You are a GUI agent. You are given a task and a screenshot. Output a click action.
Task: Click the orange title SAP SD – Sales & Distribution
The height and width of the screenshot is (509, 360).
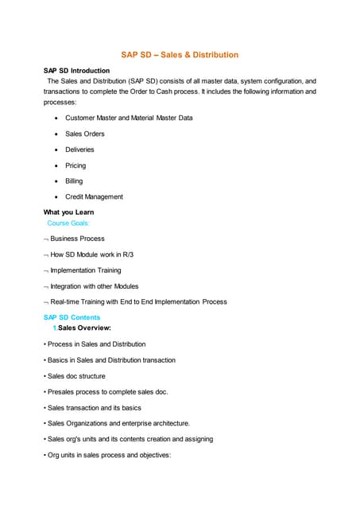click(x=180, y=55)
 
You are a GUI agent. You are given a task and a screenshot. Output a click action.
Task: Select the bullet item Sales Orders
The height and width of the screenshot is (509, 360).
click(x=84, y=134)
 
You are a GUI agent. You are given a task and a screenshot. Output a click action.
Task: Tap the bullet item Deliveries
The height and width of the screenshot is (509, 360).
click(x=79, y=150)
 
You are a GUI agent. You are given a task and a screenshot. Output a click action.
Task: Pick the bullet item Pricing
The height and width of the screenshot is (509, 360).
click(x=75, y=165)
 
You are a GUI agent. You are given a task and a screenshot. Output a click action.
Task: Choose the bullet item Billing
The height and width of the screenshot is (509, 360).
click(x=74, y=181)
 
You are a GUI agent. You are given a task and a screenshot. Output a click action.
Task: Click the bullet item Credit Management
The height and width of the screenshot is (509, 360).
click(x=94, y=196)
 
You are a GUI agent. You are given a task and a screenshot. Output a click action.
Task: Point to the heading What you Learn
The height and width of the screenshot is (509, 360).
click(x=68, y=212)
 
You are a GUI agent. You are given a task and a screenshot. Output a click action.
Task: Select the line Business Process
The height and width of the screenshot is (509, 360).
click(x=77, y=239)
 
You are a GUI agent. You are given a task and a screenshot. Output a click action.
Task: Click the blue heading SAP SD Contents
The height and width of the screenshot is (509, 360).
click(x=72, y=317)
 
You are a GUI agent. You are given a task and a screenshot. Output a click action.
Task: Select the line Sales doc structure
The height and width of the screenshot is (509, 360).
click(x=76, y=376)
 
